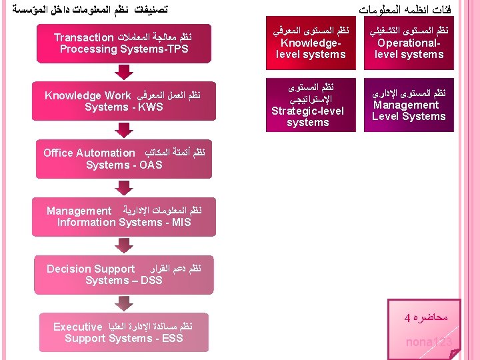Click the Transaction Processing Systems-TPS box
124,43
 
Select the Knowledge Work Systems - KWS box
124,101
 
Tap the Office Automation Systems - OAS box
124,159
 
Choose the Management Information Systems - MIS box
124,217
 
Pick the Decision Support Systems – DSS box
124,275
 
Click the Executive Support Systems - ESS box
124,333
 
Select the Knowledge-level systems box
311,43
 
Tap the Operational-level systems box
409,43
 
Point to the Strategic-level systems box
308,105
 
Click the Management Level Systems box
409,105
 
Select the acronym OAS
150,165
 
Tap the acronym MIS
180,223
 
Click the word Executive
77,327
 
